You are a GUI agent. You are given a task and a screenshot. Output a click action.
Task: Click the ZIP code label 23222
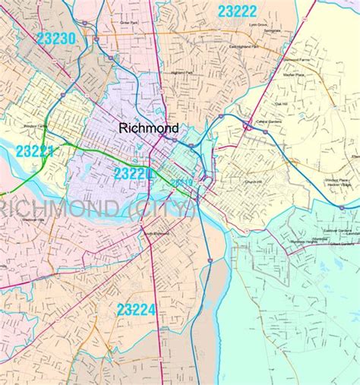coord(237,11)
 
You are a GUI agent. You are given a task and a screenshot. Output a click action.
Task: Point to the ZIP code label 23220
coord(134,174)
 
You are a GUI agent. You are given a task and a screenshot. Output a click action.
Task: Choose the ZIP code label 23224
coord(136,309)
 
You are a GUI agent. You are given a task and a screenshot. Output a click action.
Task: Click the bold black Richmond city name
coord(148,129)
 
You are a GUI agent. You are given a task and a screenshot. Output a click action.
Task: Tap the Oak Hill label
coord(282,104)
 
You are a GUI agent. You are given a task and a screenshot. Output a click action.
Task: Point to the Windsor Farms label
coord(36,126)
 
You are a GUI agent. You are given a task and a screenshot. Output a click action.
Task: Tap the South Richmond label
coord(156,233)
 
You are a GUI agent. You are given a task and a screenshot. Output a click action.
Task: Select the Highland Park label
coord(182,73)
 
